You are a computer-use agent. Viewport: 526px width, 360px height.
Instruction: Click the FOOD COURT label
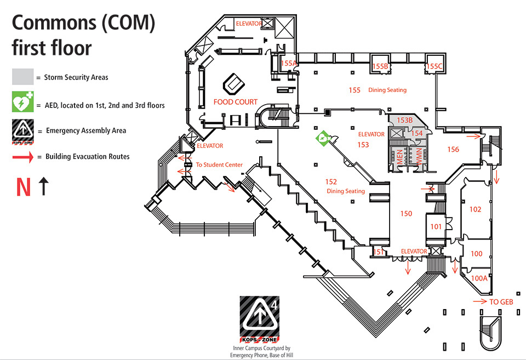[x=235, y=102]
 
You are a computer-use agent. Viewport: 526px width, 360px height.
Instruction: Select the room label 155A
[x=289, y=64]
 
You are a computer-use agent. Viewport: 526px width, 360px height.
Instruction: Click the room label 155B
[x=380, y=66]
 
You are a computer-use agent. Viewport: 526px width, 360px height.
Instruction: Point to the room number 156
[x=453, y=149]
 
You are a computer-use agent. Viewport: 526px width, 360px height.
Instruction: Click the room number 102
[x=475, y=209]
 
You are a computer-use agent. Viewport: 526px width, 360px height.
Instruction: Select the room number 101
[x=436, y=226]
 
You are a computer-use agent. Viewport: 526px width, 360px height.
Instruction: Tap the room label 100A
[x=479, y=278]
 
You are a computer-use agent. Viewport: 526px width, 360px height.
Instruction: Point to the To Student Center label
[x=219, y=164]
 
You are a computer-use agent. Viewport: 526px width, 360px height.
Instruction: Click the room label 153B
[x=404, y=120]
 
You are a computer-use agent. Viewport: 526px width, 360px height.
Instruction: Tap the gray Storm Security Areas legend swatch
[x=23, y=77]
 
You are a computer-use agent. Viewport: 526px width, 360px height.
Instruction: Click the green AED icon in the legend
[x=23, y=104]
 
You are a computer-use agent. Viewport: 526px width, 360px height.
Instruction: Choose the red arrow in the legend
[x=23, y=157]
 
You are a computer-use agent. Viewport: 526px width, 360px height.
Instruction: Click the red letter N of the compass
[x=23, y=187]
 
